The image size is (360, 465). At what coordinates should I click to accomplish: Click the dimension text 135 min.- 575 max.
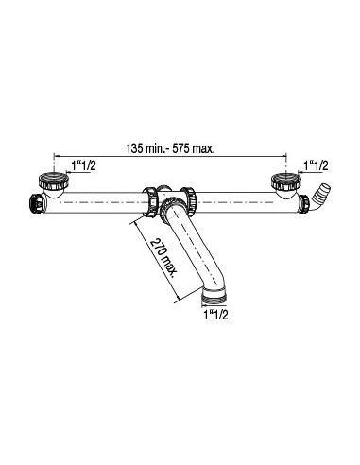(170, 148)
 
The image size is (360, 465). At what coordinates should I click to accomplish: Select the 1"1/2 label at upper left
(83, 165)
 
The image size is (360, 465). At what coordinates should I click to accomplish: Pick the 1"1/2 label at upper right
(317, 165)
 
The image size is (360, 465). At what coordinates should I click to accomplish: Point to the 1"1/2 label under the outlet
(215, 315)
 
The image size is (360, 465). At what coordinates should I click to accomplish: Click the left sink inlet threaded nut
(54, 181)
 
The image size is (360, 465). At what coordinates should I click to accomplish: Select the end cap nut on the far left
(36, 204)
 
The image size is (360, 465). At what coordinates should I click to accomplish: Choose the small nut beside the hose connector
(304, 204)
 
